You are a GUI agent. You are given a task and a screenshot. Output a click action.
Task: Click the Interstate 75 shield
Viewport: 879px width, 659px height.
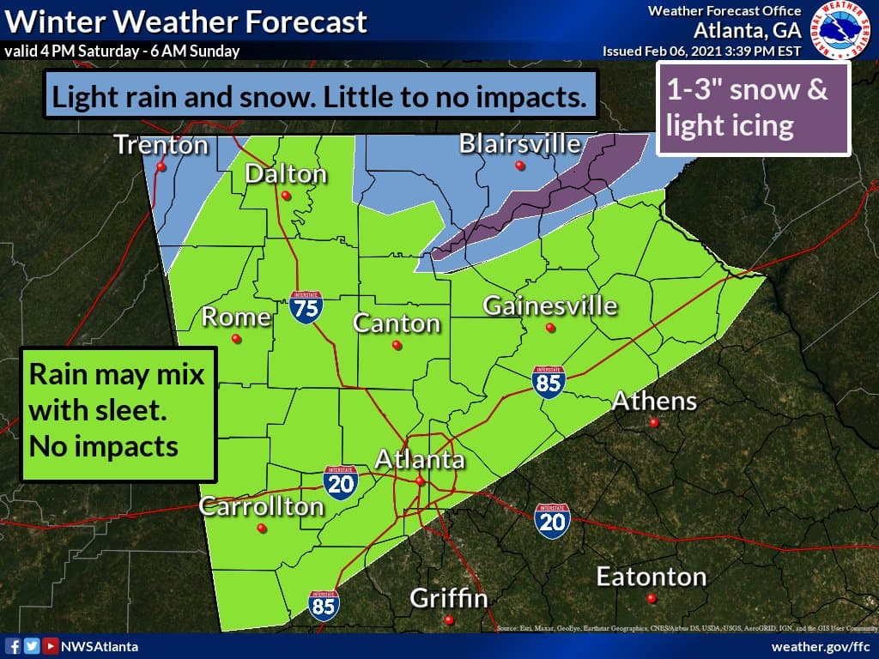pyautogui.click(x=306, y=306)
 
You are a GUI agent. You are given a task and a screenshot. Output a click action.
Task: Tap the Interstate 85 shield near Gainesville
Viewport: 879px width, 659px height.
pyautogui.click(x=548, y=383)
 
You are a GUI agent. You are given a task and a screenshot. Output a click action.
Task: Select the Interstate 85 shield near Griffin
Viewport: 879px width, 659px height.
pyautogui.click(x=324, y=605)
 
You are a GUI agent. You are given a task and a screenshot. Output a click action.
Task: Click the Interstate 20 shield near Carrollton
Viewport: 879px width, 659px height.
pyautogui.click(x=341, y=483)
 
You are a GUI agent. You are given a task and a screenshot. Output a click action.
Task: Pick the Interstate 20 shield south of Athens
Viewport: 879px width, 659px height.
pyautogui.click(x=551, y=520)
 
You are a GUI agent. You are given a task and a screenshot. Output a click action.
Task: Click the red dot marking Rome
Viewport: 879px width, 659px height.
pyautogui.click(x=237, y=339)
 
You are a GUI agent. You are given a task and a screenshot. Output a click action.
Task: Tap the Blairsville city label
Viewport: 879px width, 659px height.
pyautogui.click(x=519, y=143)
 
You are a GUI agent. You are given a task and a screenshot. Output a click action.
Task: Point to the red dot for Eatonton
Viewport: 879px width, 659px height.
pyautogui.click(x=652, y=598)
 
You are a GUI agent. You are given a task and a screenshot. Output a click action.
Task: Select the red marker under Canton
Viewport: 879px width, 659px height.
pyautogui.click(x=397, y=345)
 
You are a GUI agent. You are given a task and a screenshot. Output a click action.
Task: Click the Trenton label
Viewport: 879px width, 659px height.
pyautogui.click(x=161, y=145)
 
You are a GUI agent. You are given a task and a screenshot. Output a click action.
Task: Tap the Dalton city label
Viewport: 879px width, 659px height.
pyautogui.click(x=286, y=174)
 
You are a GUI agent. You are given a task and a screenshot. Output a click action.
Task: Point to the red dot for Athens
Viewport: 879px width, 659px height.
pyautogui.click(x=654, y=423)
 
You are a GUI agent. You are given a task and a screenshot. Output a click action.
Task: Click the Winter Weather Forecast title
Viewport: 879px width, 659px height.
pyautogui.click(x=185, y=21)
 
